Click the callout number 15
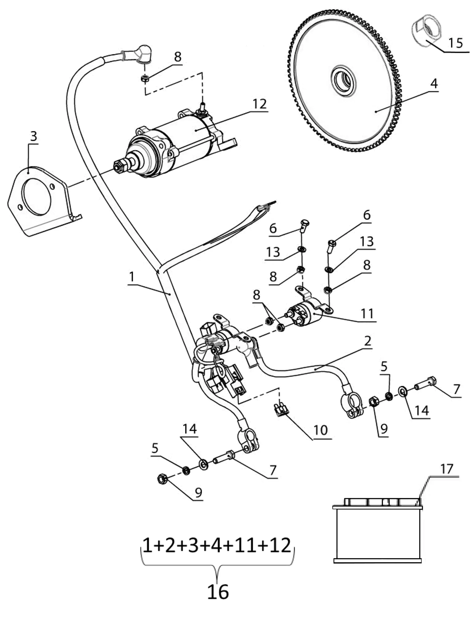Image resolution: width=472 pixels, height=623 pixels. click(455, 43)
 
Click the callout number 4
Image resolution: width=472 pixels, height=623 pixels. click(434, 84)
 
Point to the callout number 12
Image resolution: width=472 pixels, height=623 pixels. click(259, 104)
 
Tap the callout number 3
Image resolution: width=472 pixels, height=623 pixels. click(33, 136)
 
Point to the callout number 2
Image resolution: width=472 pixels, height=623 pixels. click(368, 341)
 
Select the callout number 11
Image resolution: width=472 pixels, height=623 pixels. click(367, 313)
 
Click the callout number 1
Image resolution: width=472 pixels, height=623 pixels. click(132, 277)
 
